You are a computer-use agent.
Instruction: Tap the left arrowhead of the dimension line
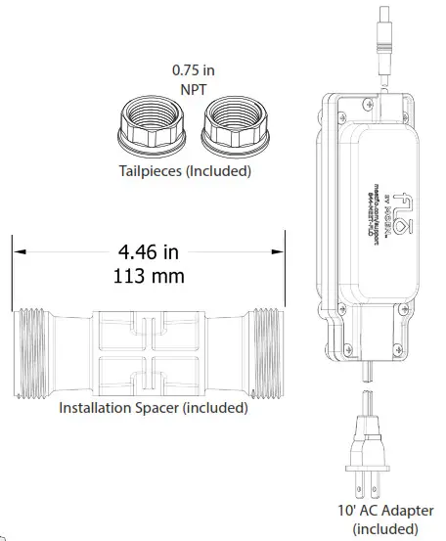click(x=18, y=251)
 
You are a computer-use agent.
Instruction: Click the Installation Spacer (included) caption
click(x=154, y=408)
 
